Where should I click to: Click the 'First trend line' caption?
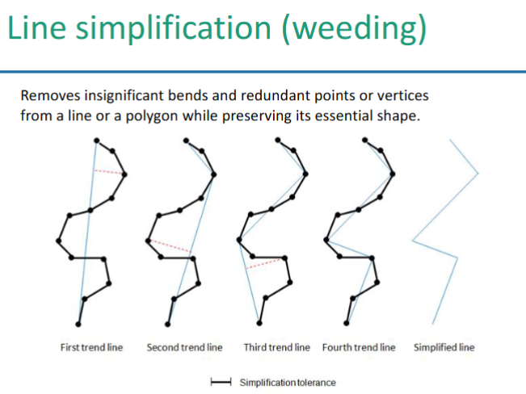click(92, 348)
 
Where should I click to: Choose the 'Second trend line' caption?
click(184, 348)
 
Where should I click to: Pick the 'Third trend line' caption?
click(276, 348)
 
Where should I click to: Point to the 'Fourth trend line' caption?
click(359, 348)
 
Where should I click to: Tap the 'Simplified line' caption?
click(444, 348)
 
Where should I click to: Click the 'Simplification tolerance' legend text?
click(287, 382)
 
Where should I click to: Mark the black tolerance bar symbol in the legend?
click(221, 382)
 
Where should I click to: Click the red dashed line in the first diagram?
click(108, 171)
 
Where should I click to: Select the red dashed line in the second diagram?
click(170, 246)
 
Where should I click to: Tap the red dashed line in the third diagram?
click(266, 262)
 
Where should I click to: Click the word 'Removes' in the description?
click(48, 95)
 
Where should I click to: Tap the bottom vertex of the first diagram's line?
click(78, 324)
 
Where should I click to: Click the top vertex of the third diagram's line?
click(278, 139)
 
